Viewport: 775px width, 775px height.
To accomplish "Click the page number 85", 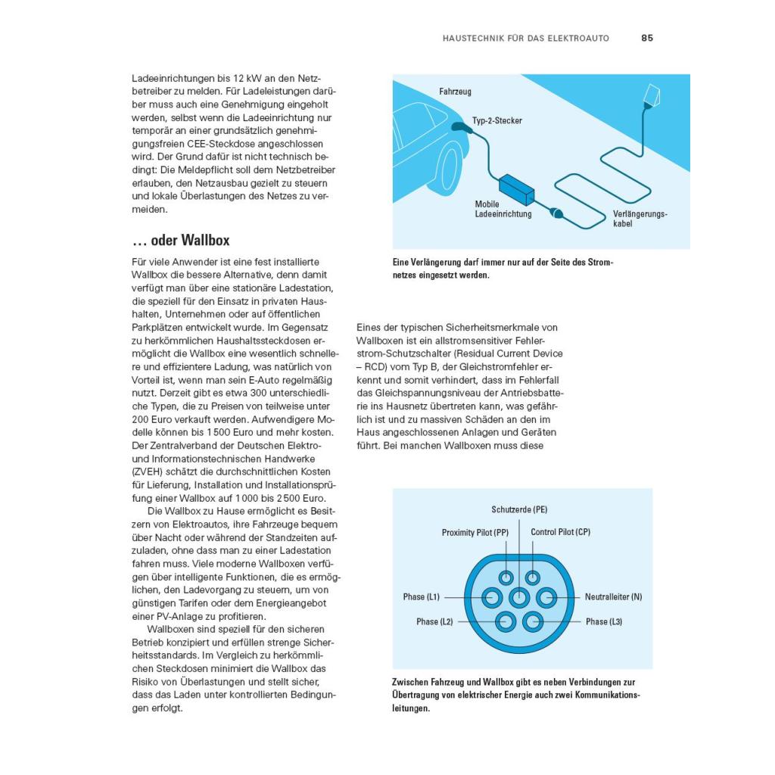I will pos(646,38).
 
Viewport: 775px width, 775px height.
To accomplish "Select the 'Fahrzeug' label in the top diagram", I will pos(455,92).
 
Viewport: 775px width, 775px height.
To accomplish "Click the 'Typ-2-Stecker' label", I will pos(496,120).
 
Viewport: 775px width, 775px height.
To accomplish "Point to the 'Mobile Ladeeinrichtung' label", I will pos(503,209).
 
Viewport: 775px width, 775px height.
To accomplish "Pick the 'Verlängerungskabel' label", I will pos(640,219).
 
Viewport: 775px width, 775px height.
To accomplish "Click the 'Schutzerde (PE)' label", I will pos(519,509).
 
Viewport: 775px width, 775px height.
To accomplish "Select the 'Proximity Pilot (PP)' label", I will pos(475,533).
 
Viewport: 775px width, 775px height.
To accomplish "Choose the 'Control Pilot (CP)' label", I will pos(560,533).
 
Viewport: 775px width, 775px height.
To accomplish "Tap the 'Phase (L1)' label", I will pos(422,597).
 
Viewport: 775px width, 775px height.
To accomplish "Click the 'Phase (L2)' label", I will pos(434,622).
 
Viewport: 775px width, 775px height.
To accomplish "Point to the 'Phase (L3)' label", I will pos(604,622).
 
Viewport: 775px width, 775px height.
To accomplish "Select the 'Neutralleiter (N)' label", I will pos(613,597).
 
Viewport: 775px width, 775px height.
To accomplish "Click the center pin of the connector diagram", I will pos(519,598).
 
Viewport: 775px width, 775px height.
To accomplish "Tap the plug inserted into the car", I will pos(459,126).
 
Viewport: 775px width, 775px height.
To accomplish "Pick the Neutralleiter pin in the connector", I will pos(546,598).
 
